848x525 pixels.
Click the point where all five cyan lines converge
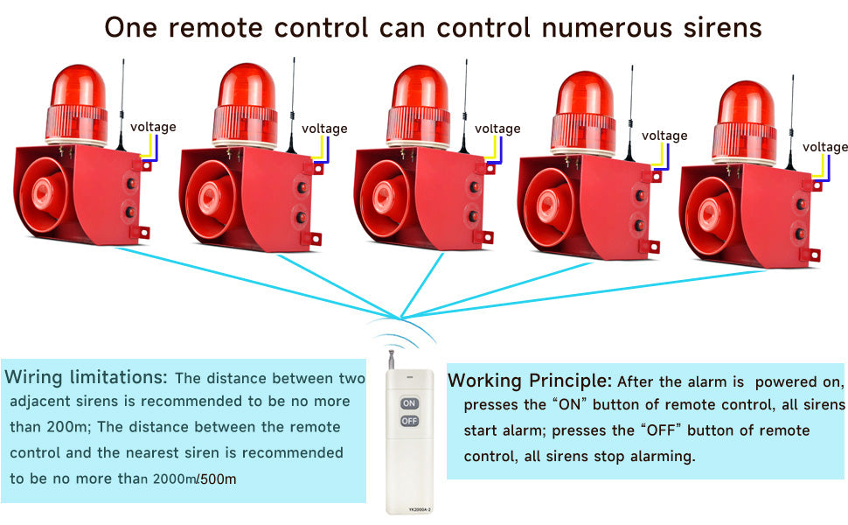click(400, 317)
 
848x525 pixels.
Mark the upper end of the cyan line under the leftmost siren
click(115, 248)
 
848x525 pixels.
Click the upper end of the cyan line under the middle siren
click(443, 253)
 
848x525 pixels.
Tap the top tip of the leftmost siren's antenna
click(123, 59)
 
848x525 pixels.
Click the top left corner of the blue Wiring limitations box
click(1, 360)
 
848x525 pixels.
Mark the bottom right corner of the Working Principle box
click(845, 479)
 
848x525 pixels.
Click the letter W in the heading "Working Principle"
click(457, 381)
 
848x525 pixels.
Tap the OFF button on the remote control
click(409, 421)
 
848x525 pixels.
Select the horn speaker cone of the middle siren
click(385, 198)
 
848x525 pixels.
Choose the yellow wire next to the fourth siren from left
click(657, 157)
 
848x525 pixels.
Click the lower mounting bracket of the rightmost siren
click(812, 255)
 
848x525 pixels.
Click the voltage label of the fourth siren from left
click(664, 136)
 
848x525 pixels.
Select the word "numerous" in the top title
click(606, 27)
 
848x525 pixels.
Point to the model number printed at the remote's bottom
click(419, 509)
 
